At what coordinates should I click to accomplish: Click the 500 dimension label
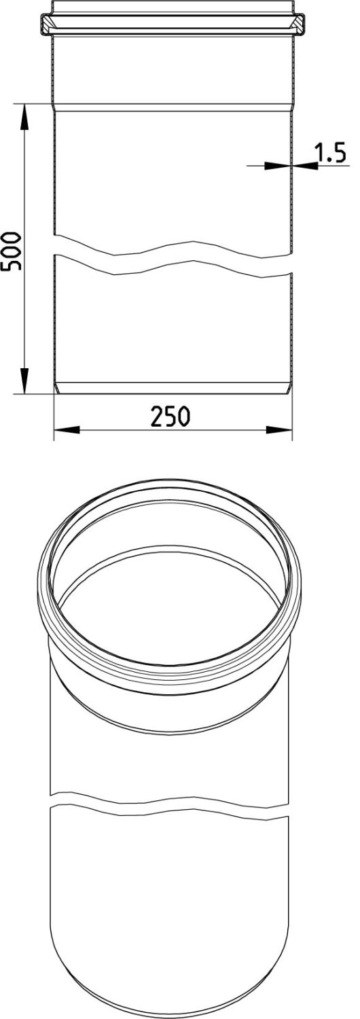pyautogui.click(x=11, y=251)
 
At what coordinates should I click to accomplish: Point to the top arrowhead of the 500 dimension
pyautogui.click(x=24, y=116)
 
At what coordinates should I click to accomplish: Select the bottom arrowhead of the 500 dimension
pyautogui.click(x=24, y=380)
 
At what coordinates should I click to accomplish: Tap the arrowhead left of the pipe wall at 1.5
pyautogui.click(x=278, y=166)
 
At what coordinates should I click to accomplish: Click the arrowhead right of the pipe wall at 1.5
pyautogui.click(x=305, y=166)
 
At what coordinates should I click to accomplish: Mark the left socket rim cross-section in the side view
pyautogui.click(x=46, y=25)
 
